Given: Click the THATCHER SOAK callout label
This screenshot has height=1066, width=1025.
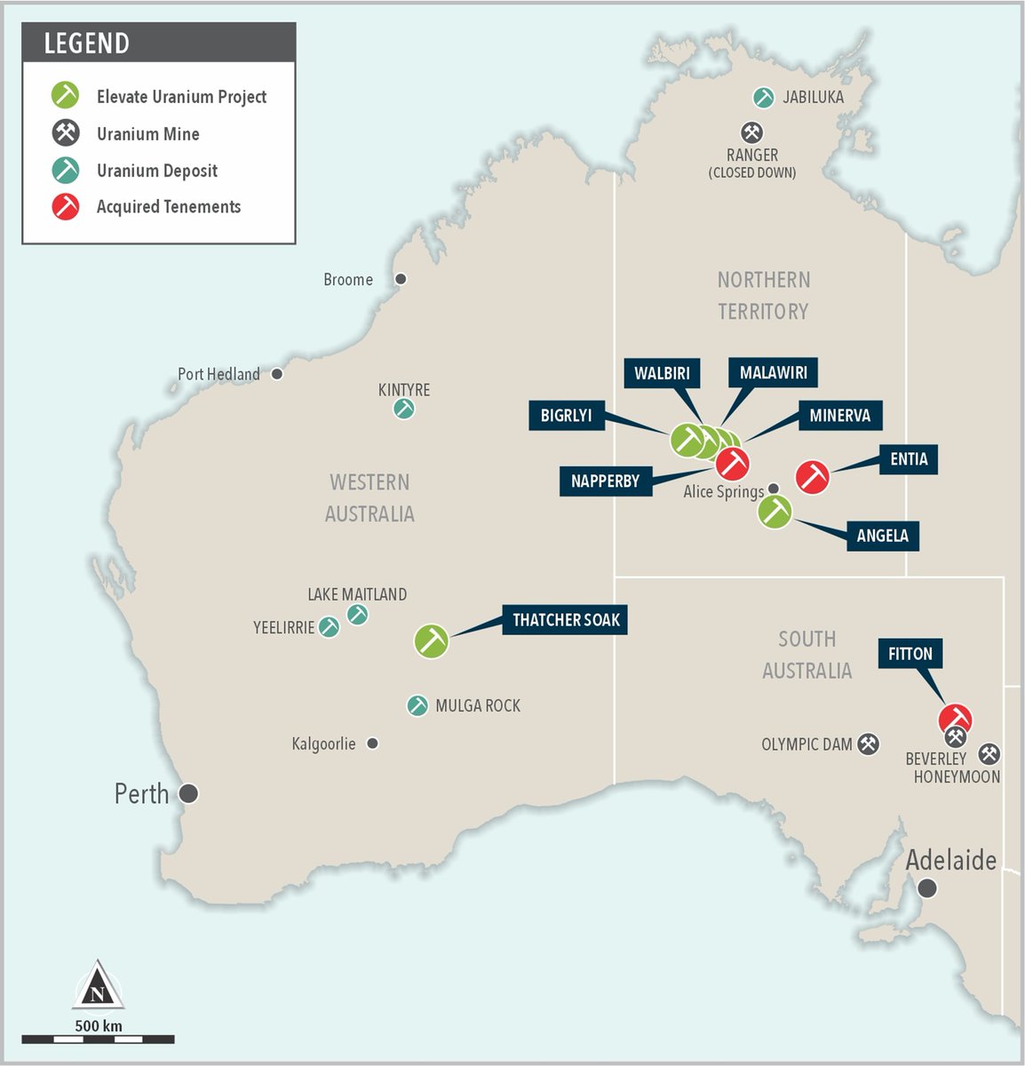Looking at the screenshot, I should pyautogui.click(x=566, y=620).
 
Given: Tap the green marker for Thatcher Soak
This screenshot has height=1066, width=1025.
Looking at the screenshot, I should pyautogui.click(x=432, y=640).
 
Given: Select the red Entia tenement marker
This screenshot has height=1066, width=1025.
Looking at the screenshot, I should pyautogui.click(x=812, y=477).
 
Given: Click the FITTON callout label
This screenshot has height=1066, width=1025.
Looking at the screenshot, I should pyautogui.click(x=910, y=654).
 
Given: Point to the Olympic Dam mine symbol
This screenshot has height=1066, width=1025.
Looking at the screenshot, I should pyautogui.click(x=868, y=744).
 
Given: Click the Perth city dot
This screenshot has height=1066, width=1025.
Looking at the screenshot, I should pyautogui.click(x=188, y=793).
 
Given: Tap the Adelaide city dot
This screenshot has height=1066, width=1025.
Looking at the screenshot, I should pyautogui.click(x=927, y=887).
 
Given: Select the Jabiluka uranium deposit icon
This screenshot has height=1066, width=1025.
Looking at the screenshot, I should pyautogui.click(x=763, y=97).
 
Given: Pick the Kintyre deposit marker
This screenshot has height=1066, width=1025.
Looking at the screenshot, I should pyautogui.click(x=404, y=410).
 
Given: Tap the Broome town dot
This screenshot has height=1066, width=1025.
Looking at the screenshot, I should pyautogui.click(x=401, y=279).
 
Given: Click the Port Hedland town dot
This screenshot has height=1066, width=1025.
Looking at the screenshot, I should pyautogui.click(x=277, y=374).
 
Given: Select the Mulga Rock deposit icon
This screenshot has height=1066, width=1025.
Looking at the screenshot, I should pyautogui.click(x=417, y=705).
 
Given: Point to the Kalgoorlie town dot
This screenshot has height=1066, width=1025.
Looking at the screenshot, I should pyautogui.click(x=373, y=743).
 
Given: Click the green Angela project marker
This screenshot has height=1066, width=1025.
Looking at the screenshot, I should pyautogui.click(x=775, y=512).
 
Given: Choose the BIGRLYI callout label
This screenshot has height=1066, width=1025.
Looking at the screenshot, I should pyautogui.click(x=566, y=416).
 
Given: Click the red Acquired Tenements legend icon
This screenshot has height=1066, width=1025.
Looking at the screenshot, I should pyautogui.click(x=66, y=206).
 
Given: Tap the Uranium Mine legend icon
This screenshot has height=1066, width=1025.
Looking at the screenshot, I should pyautogui.click(x=66, y=133).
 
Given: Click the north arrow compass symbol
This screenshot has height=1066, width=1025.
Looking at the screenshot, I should pyautogui.click(x=98, y=986).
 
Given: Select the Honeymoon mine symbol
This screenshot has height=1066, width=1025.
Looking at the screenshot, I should pyautogui.click(x=989, y=754).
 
